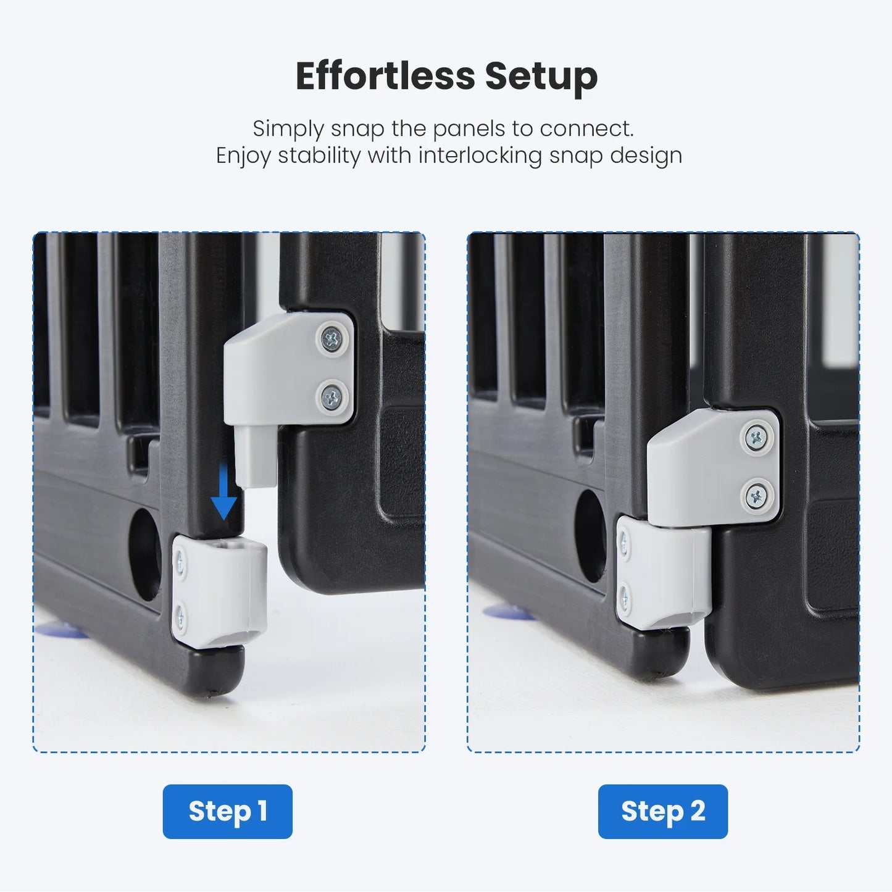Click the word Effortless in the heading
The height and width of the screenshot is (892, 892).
coord(386,76)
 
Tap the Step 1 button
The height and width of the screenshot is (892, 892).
coord(228,812)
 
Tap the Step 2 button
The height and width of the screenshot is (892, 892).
coord(663,812)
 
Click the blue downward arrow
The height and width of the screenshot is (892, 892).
coord(223,491)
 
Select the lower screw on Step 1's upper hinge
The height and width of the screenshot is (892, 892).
coord(331,397)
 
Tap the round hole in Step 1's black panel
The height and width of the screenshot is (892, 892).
coord(145,554)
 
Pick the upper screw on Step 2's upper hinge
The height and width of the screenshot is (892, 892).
coord(757,437)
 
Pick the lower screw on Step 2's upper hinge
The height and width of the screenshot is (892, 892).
coord(756,496)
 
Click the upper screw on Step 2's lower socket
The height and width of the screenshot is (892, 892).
coord(623,543)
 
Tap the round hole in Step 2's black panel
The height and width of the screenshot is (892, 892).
coord(590,536)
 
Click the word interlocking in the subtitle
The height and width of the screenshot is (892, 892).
coord(480,156)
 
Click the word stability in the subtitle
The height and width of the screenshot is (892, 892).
coord(319,156)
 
